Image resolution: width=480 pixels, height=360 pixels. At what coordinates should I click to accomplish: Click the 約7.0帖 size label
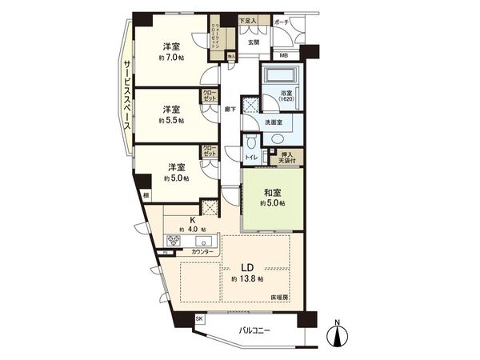171,58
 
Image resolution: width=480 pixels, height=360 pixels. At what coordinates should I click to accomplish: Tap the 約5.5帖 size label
171,120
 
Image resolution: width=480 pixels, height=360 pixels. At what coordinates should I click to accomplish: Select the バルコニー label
255,330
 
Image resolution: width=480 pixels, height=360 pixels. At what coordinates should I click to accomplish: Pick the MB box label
284,55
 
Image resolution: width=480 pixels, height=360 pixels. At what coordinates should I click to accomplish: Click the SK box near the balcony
199,319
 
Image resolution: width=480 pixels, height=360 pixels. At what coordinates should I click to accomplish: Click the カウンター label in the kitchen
202,252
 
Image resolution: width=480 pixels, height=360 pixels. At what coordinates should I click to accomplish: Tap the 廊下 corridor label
230,109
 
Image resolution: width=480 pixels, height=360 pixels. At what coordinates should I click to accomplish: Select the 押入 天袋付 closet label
287,158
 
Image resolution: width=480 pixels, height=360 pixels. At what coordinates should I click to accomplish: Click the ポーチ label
281,22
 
